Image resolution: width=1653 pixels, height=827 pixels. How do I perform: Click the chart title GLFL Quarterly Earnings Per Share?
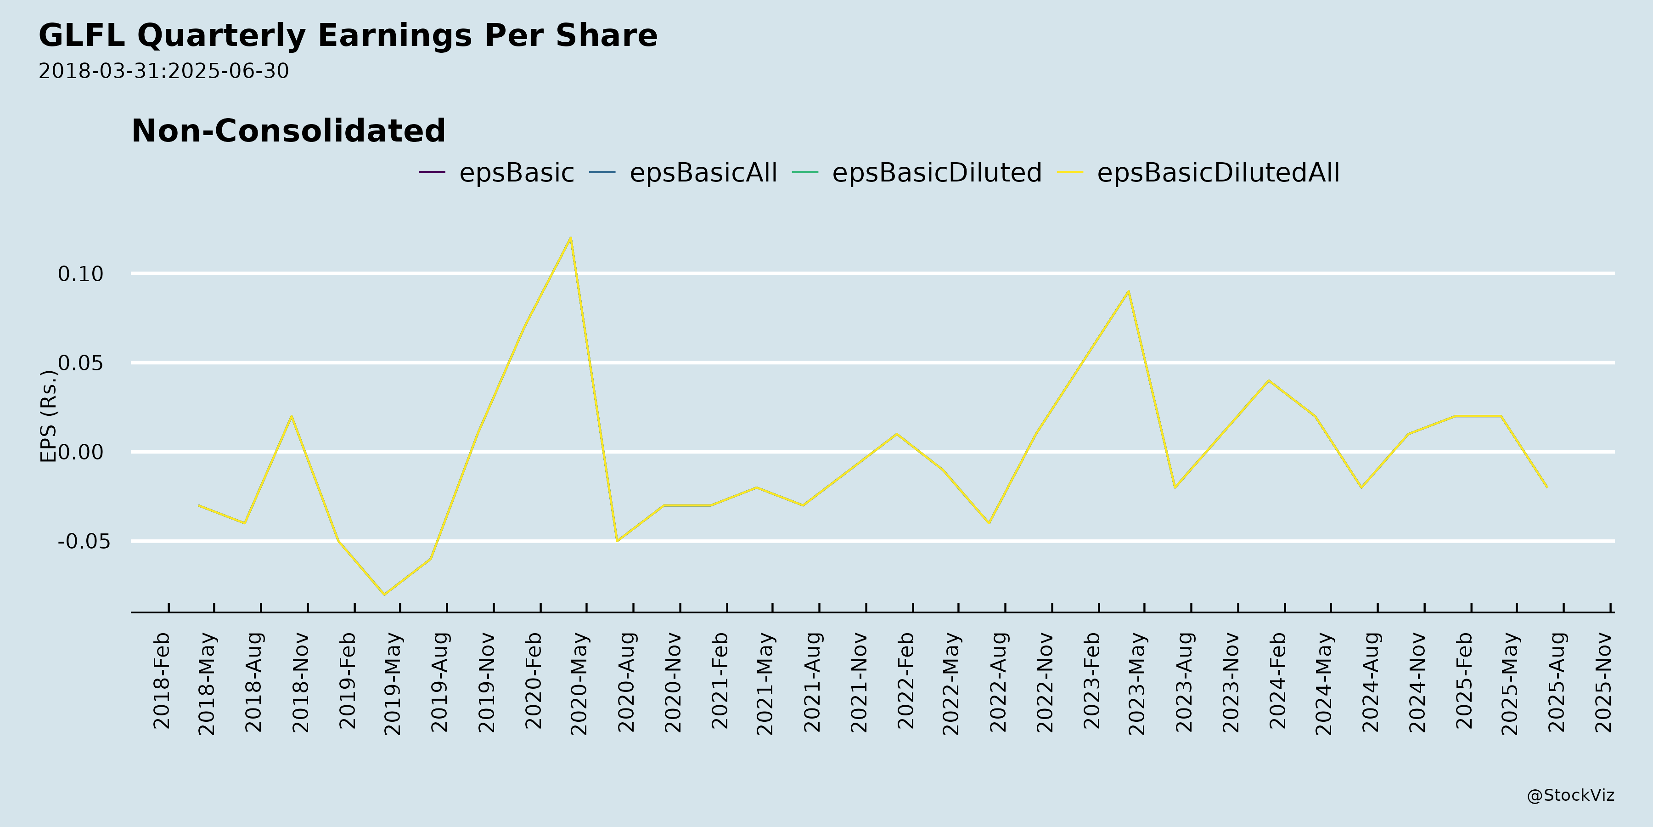pos(348,35)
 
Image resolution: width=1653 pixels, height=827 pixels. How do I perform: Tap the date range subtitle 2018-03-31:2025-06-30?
pos(163,71)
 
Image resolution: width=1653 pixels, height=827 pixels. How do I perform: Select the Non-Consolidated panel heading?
pos(288,131)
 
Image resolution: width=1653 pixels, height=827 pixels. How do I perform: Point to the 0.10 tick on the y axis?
pos(81,274)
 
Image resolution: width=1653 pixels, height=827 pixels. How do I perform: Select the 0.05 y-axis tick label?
pos(81,363)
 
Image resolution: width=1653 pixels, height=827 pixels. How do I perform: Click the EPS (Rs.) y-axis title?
pos(49,416)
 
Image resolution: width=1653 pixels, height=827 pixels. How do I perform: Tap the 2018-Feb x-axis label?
pos(162,680)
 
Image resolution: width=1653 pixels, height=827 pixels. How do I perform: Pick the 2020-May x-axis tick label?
pos(579,683)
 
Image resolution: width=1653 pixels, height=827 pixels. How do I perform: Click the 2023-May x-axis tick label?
pos(1137,683)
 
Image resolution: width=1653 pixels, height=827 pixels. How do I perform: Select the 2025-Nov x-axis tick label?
pos(1603,682)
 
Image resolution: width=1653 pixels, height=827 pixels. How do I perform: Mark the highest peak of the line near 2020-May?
pos(570,238)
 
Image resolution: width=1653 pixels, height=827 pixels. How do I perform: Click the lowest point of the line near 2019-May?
pos(384,595)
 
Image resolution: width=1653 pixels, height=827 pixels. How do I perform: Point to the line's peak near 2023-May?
pos(1128,291)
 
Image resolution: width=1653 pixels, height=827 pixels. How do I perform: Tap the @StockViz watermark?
pos(1570,796)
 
